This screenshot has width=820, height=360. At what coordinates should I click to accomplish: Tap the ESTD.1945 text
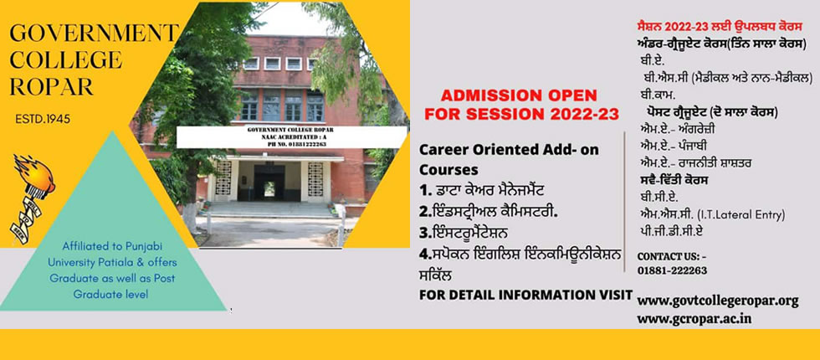tap(43, 119)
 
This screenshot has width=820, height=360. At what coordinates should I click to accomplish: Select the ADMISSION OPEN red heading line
tap(518, 95)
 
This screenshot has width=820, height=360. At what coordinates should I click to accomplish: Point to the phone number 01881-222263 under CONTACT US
tap(672, 270)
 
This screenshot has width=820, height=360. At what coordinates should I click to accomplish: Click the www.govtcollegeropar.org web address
tap(718, 301)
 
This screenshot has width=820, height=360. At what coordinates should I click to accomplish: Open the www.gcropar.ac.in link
tap(694, 319)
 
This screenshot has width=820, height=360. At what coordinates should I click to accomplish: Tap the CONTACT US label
tap(672, 257)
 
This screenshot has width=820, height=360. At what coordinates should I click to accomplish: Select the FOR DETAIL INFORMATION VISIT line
tap(525, 295)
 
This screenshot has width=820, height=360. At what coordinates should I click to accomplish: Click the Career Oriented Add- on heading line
tap(509, 149)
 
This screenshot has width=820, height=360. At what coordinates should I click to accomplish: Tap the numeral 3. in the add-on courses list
tap(424, 231)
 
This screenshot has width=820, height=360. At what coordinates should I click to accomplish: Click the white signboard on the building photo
tap(291, 136)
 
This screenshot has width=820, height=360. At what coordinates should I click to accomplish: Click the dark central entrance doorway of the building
tap(269, 183)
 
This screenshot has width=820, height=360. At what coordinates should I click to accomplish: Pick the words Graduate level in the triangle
tap(110, 295)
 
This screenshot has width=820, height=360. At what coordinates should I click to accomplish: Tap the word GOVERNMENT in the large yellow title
tap(94, 33)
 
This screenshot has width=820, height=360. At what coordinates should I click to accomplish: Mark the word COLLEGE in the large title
tap(66, 59)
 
